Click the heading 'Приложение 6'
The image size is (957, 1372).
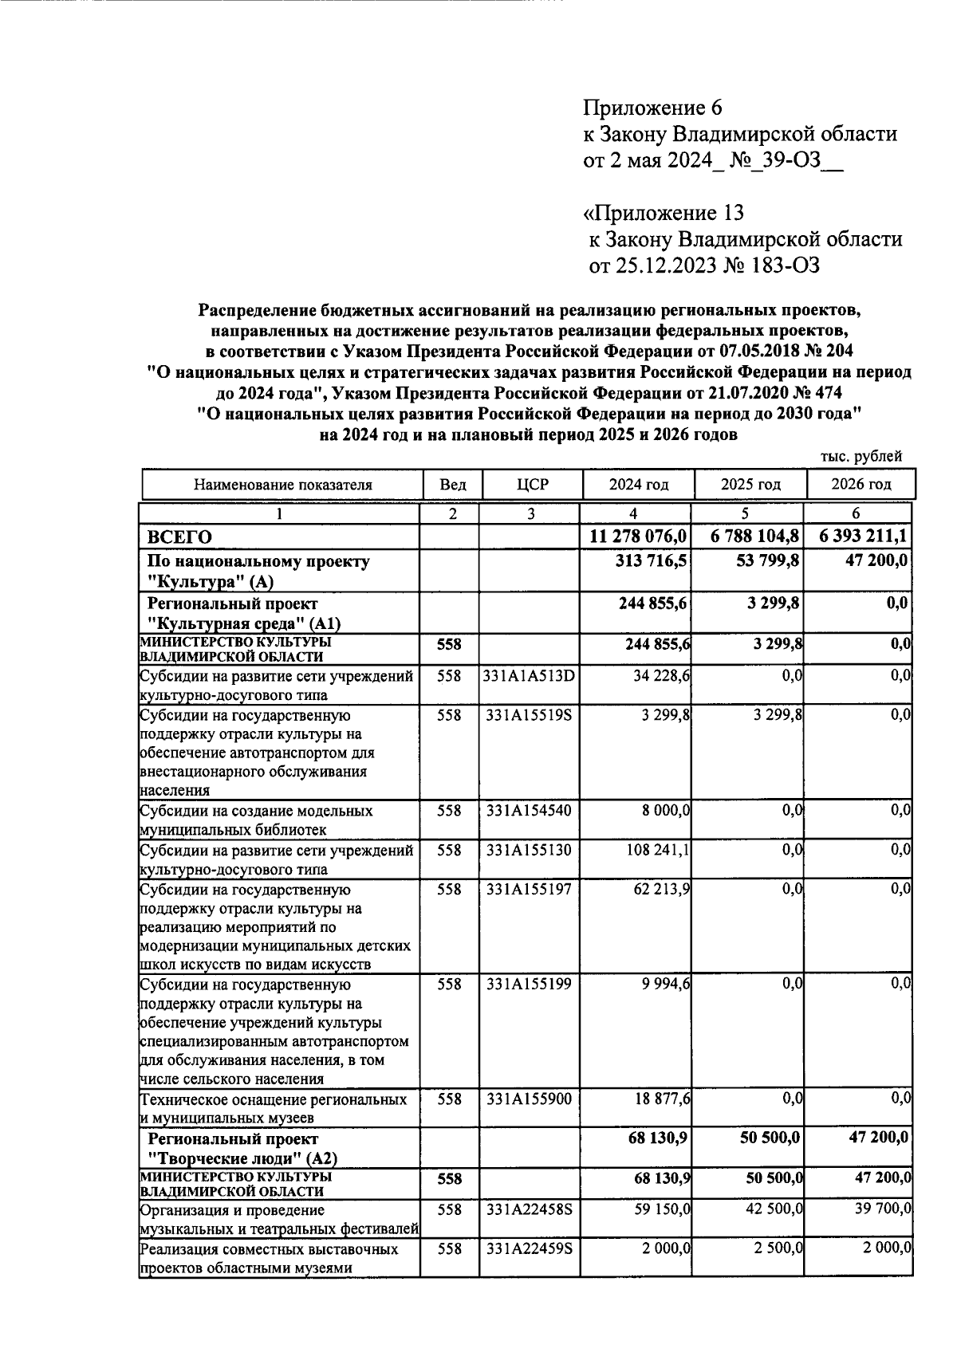[x=652, y=108]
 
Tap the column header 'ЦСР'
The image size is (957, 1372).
[x=530, y=484]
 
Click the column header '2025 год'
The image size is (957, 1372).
[x=750, y=484]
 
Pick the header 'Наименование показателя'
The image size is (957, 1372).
[x=283, y=485]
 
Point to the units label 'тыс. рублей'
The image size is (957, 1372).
[x=861, y=457]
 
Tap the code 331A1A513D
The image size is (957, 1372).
[x=530, y=676]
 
